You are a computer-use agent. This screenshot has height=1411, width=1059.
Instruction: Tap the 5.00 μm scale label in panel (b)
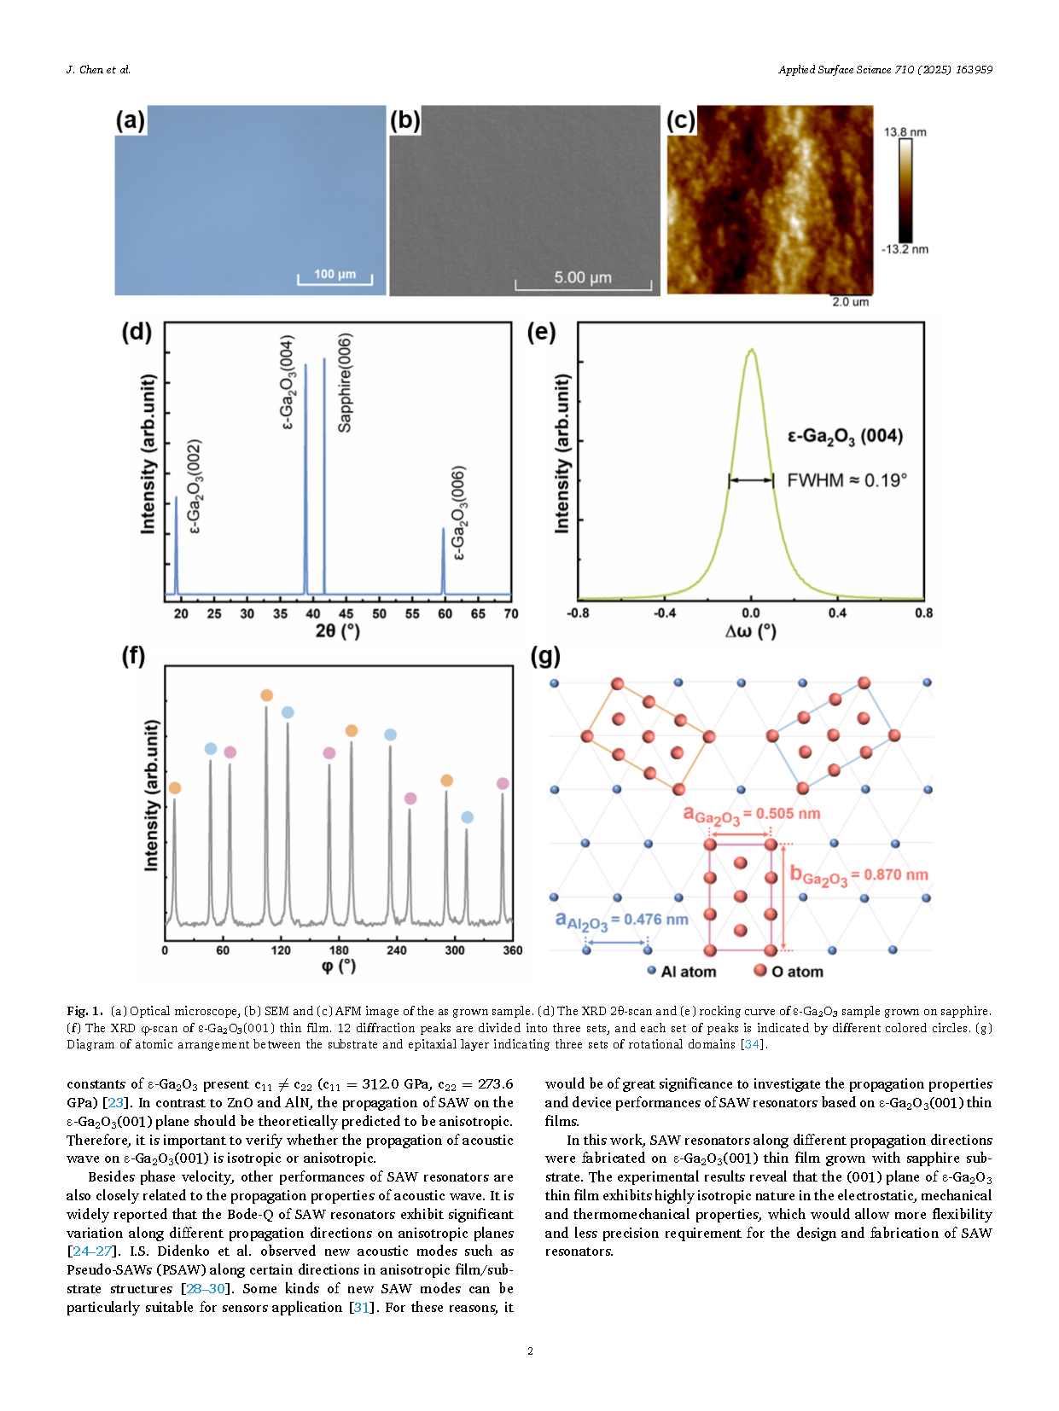click(x=583, y=278)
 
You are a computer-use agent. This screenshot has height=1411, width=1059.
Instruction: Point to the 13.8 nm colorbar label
click(x=905, y=132)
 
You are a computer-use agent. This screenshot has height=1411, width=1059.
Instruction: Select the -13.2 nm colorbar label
click(x=905, y=249)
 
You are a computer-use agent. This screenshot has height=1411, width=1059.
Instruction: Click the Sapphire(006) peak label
click(x=346, y=382)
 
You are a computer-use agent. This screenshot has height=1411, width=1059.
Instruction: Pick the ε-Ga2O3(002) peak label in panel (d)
click(x=195, y=486)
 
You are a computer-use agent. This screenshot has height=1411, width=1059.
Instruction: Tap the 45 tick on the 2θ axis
click(x=346, y=614)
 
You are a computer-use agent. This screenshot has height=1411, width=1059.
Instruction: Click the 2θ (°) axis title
click(x=338, y=632)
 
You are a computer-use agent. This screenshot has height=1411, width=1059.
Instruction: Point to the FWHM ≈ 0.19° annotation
click(x=847, y=480)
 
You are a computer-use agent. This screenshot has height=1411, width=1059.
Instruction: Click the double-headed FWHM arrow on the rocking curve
click(x=751, y=480)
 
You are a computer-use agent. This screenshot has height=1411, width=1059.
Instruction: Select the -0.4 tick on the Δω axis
click(x=664, y=613)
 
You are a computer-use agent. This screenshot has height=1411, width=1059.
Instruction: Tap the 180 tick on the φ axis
click(x=339, y=950)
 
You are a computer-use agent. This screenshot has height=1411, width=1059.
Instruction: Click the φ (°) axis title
click(x=338, y=967)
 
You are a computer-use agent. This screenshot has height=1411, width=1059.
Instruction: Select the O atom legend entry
click(x=788, y=972)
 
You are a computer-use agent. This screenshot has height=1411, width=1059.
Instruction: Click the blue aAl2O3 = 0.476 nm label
click(x=621, y=921)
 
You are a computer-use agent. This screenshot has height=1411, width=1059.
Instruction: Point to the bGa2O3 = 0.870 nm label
click(x=859, y=875)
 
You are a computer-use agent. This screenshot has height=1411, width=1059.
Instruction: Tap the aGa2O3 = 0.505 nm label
click(x=752, y=815)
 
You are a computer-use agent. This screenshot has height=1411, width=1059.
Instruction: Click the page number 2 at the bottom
click(x=530, y=1351)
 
